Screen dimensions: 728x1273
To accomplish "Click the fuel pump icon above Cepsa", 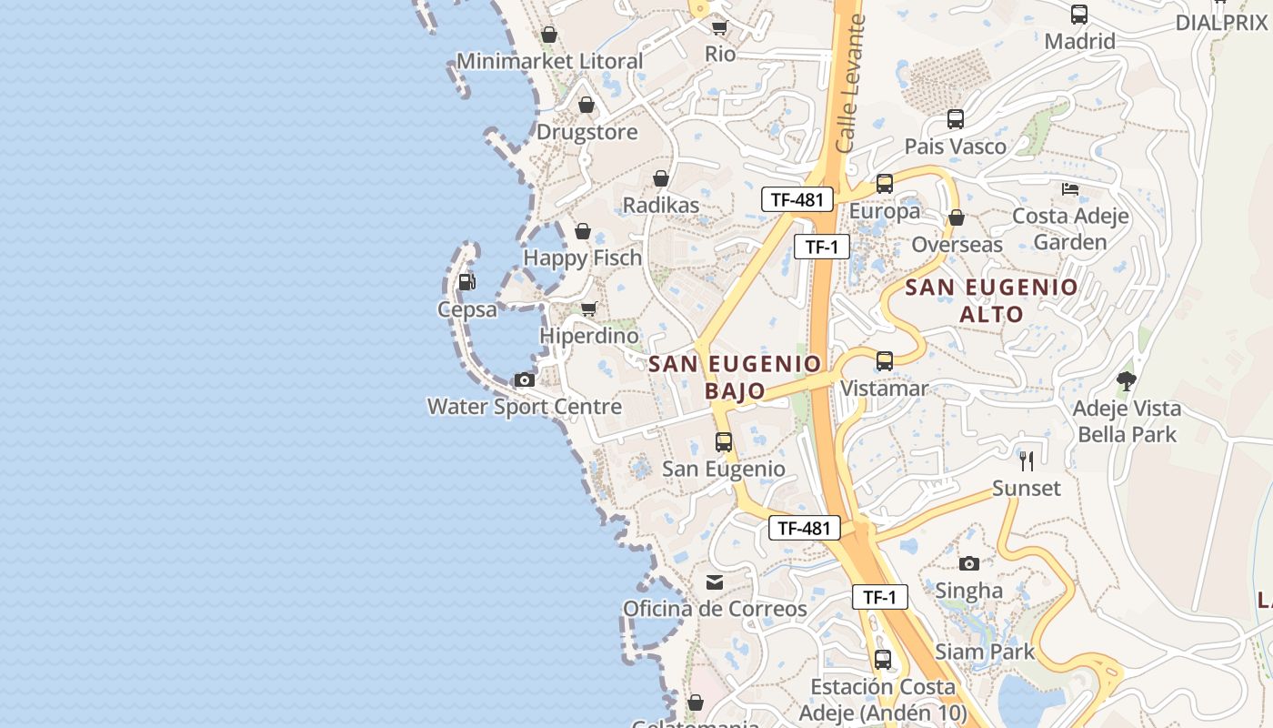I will [466, 282].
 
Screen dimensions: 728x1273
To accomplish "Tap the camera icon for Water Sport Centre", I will [525, 379].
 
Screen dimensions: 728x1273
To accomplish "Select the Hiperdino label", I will [589, 336].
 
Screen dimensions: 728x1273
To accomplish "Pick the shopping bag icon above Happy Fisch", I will [583, 231].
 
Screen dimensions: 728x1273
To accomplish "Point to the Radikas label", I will [661, 205].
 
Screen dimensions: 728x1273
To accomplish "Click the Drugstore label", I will [586, 132].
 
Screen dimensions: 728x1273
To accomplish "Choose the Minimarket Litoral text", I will [549, 61].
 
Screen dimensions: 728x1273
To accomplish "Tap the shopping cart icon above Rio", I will [720, 27].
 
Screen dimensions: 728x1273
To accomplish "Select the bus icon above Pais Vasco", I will [956, 119].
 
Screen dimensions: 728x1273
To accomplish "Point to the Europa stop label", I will [885, 211].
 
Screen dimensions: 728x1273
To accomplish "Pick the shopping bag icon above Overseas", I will [956, 217].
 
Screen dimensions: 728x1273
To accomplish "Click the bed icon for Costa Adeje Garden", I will [1070, 189].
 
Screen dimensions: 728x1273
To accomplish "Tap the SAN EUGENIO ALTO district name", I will [991, 300].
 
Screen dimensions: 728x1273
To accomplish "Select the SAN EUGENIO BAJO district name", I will [735, 377].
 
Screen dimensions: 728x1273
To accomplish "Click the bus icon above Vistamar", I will [885, 361].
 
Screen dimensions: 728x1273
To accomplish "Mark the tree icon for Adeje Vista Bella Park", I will [1127, 380].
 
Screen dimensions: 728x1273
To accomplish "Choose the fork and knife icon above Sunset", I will [1027, 461].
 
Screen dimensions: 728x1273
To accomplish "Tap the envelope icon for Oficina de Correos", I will [715, 581].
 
